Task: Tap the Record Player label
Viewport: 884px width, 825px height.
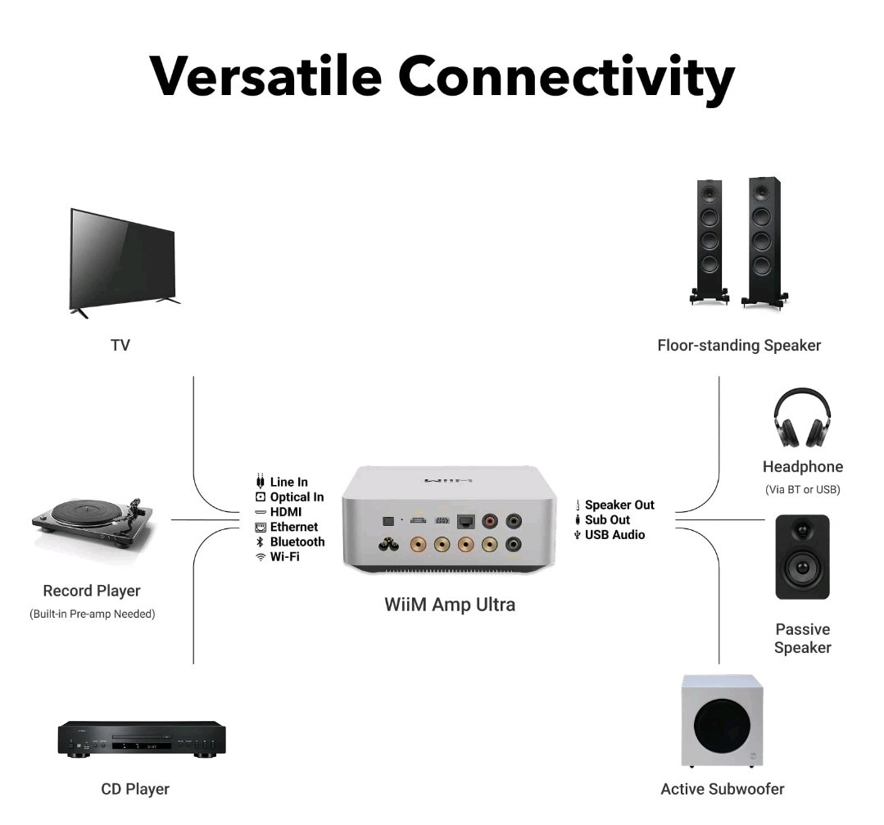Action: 92,591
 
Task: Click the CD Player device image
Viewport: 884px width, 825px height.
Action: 141,739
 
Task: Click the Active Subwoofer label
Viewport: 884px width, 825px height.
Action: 722,789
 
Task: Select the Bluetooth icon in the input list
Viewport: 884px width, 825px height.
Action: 261,542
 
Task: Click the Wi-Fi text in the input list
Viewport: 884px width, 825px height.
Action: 286,557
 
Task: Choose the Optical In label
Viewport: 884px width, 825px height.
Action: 297,497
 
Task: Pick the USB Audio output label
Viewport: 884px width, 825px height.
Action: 614,535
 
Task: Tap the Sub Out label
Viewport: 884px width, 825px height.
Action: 607,520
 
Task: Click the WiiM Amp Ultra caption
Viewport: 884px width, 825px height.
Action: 450,605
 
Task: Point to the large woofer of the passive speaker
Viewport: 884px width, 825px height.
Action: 802,565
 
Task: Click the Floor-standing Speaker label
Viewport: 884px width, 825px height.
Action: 738,346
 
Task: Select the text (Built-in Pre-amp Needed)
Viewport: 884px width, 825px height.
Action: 92,614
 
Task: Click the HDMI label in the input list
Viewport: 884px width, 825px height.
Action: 286,512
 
